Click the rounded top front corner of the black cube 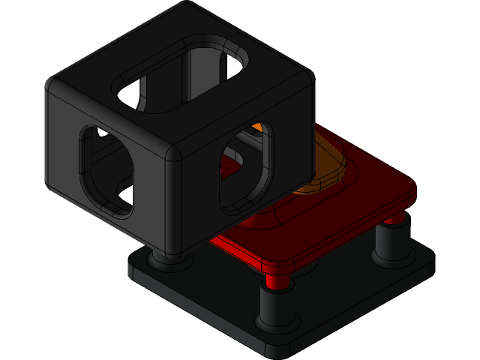click(x=174, y=150)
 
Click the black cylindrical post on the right click(x=391, y=242)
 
